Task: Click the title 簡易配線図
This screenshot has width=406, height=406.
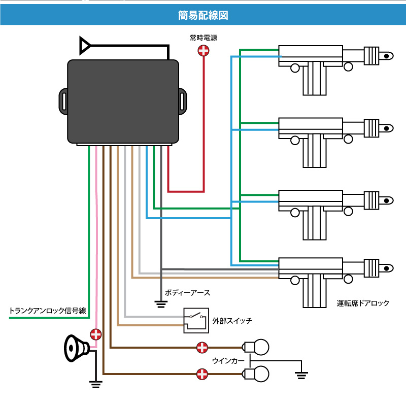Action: coord(203,15)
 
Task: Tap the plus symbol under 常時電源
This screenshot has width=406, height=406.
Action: coord(203,50)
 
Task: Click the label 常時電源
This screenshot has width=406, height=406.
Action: coord(203,37)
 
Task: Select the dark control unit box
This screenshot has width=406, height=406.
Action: coord(123,101)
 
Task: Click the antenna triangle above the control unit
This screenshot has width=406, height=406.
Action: coord(85,45)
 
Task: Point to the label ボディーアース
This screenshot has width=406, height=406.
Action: coord(187,293)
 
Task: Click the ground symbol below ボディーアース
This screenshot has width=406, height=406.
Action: coord(161,304)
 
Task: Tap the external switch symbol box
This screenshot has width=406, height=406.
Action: coord(196,320)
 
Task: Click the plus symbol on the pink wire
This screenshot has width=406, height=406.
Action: coord(95,334)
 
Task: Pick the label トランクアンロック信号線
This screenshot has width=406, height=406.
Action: coord(48,311)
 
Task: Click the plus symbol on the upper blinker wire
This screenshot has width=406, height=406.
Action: coord(202,348)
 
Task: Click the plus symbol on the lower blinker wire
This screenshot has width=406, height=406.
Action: coord(202,375)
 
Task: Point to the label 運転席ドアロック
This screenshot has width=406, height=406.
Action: coord(363,303)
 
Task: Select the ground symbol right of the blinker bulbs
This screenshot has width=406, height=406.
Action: coord(301,375)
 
